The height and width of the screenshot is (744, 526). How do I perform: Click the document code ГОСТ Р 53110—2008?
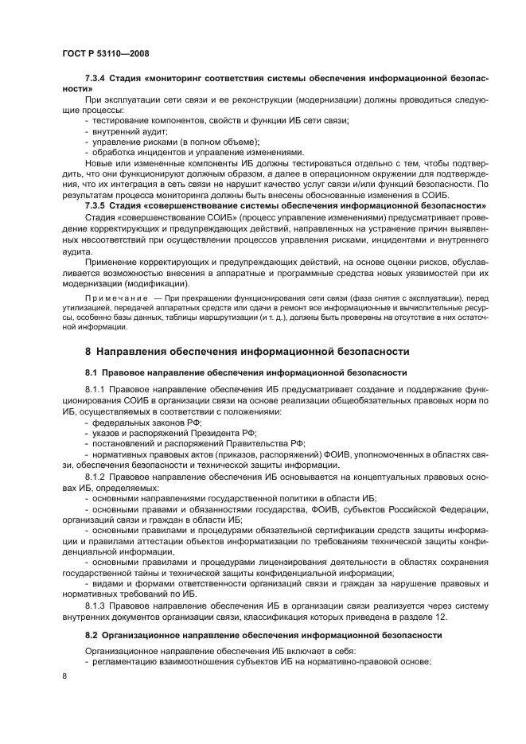(105, 53)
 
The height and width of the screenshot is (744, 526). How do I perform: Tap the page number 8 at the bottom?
(65, 676)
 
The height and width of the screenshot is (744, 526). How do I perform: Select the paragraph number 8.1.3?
(97, 602)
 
